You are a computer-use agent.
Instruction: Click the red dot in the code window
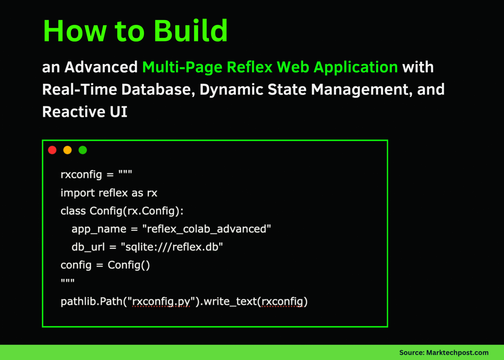[x=52, y=150]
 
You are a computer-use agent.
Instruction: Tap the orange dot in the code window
[x=67, y=150]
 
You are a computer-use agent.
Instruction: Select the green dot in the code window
[x=83, y=150]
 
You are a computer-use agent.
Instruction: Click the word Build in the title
[x=191, y=31]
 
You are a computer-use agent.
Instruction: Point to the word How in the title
[x=75, y=31]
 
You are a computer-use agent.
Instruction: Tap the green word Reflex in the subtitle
[x=250, y=67]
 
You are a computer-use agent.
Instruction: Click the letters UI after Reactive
[x=118, y=112]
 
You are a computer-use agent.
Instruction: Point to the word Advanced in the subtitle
[x=101, y=67]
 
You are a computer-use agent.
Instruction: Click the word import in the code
[x=77, y=193]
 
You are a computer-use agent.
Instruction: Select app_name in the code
[x=99, y=229]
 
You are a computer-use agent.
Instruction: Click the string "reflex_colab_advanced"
[x=207, y=229]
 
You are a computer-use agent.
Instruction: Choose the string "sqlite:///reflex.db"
[x=172, y=247]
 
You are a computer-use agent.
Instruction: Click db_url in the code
[x=88, y=247]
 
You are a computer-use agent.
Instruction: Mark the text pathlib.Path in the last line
[x=92, y=301]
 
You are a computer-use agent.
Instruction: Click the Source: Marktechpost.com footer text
[x=444, y=352]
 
